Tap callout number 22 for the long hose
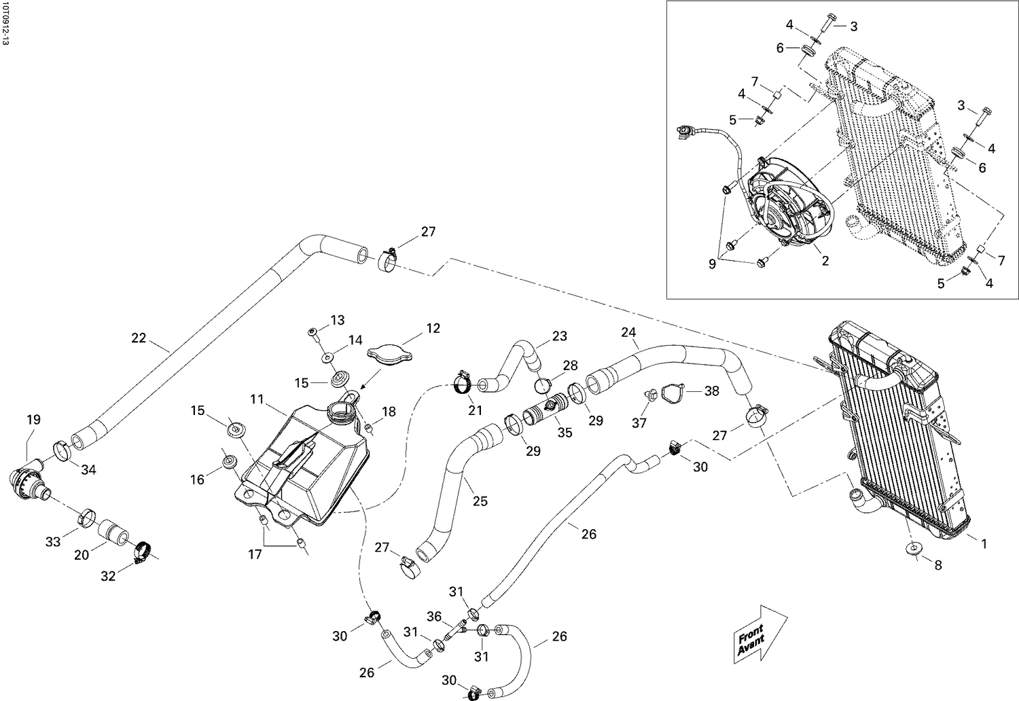pos(139,338)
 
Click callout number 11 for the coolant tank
pos(256,399)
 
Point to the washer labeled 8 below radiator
pos(912,549)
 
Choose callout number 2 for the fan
pos(825,261)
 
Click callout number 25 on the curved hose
pos(480,502)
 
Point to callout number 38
pos(711,391)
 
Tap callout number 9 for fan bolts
pos(712,264)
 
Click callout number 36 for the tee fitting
pos(434,617)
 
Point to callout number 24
pos(628,332)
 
